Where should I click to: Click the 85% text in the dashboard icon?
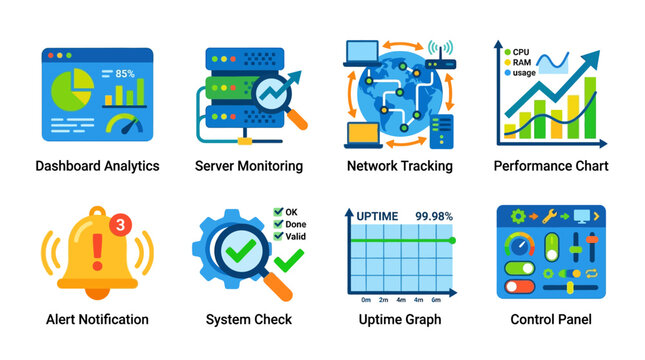125,73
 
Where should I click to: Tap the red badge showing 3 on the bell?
120,225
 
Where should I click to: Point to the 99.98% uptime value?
434,215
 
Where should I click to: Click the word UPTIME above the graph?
377,215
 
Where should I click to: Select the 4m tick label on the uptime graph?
400,300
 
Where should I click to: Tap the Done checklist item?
294,225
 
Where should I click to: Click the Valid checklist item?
294,238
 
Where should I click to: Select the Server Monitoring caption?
248,166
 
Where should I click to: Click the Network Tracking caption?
399,166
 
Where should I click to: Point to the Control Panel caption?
550,320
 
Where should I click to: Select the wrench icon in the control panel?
550,215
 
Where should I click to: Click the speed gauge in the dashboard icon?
124,126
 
